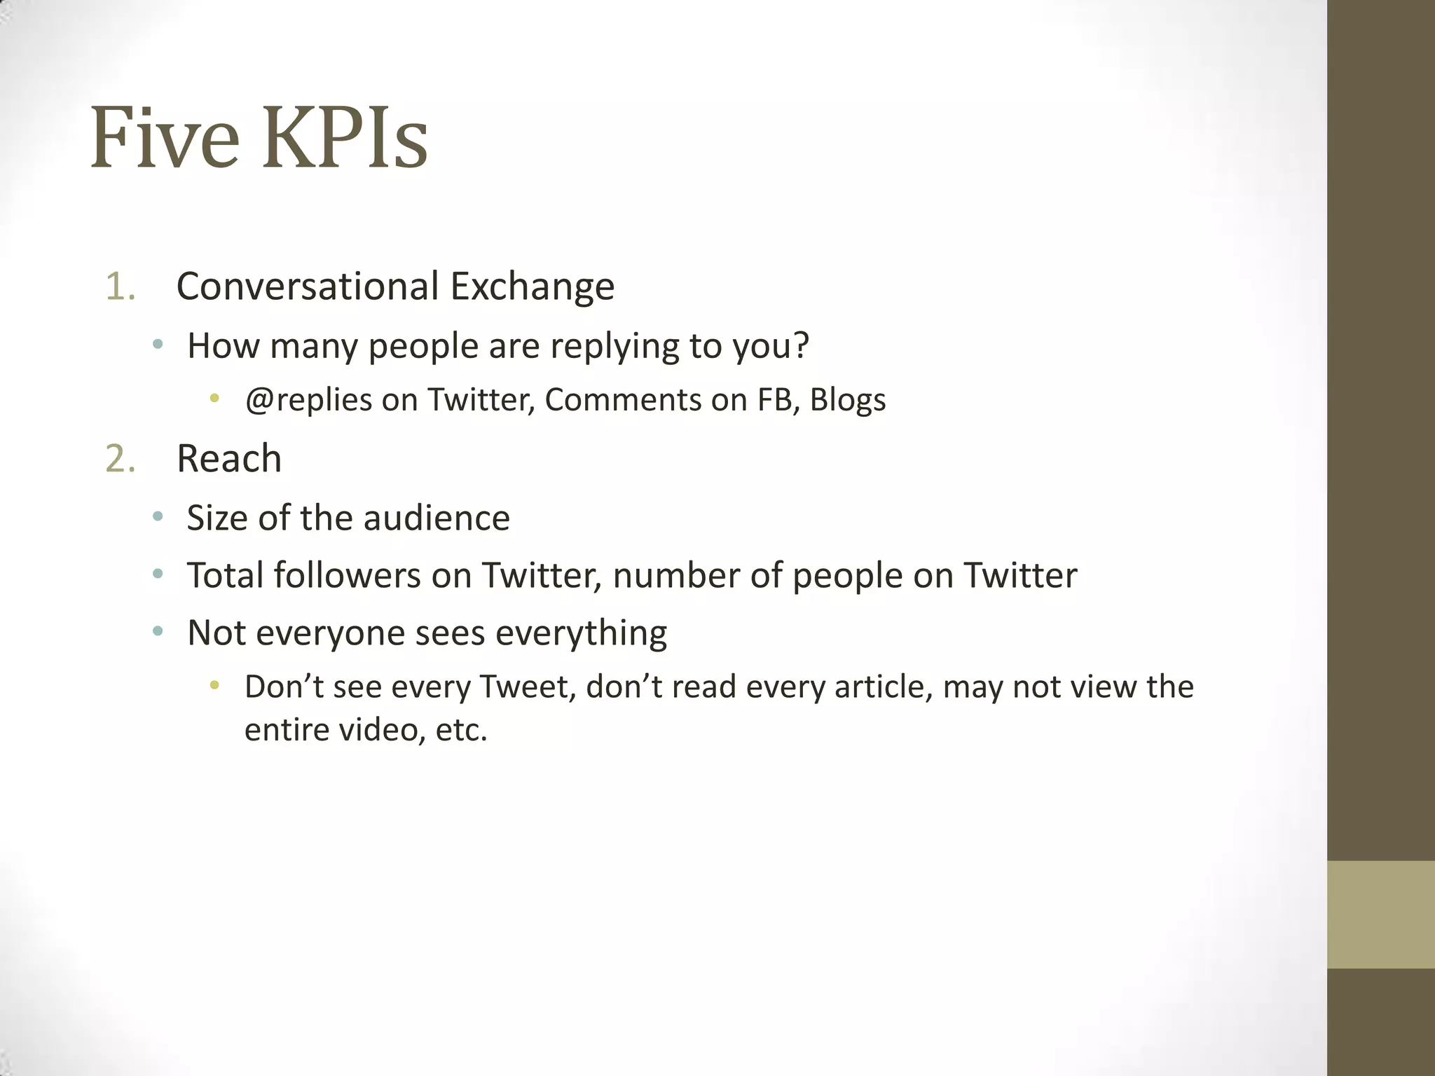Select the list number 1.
pyautogui.click(x=120, y=287)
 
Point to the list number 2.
pyautogui.click(x=120, y=459)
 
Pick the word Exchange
pyautogui.click(x=532, y=287)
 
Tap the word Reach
pyautogui.click(x=229, y=459)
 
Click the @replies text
pyautogui.click(x=308, y=401)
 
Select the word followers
pyautogui.click(x=347, y=576)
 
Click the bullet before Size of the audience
pyautogui.click(x=158, y=517)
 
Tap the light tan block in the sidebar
pyautogui.click(x=1380, y=914)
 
